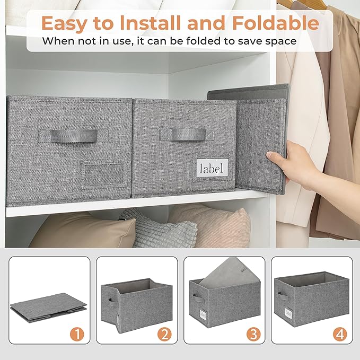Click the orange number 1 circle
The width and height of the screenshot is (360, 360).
(x=78, y=335)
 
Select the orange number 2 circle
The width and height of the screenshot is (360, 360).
(x=165, y=335)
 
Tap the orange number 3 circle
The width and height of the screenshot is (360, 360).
(x=253, y=335)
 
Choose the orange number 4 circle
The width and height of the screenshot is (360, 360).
(x=340, y=335)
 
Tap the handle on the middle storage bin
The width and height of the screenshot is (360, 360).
(x=188, y=134)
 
